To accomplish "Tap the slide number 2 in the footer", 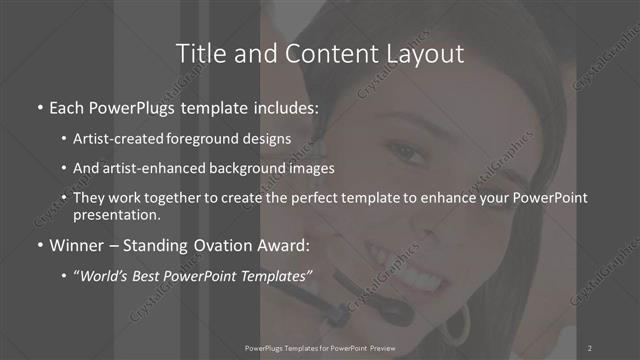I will click(590, 347).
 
